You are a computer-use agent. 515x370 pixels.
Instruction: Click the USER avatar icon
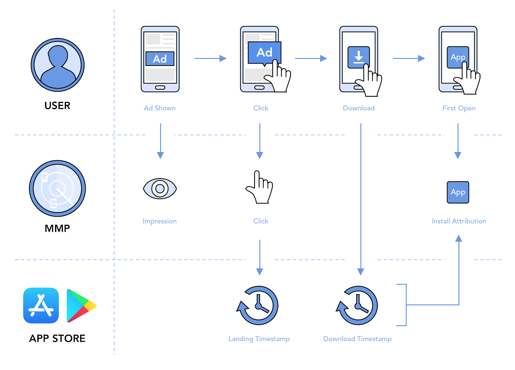coord(58,65)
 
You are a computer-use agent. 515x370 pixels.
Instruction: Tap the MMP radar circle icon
coord(57,188)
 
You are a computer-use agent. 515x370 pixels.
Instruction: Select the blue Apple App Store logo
coord(41,305)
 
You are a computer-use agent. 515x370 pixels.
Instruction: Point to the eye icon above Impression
coord(160,189)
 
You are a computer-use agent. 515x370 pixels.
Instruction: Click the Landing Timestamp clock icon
coord(258,305)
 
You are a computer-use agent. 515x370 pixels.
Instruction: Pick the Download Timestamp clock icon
coord(358,305)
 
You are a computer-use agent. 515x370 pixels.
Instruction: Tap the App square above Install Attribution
coord(458,192)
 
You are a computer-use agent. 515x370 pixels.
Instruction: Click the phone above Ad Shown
coord(160,59)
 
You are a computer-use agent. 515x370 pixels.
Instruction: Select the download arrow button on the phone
coord(358,57)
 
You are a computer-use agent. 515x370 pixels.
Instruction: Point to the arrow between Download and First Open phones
coord(409,59)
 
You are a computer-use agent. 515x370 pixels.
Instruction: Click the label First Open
coord(459,108)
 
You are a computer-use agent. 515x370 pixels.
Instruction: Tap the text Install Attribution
coord(459,221)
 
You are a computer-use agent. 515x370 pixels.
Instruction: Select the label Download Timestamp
coord(357,339)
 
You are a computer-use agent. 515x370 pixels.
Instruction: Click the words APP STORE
coord(57,338)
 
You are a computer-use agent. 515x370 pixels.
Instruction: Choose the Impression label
coord(160,221)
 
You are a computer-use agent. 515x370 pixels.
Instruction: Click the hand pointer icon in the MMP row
coord(259,187)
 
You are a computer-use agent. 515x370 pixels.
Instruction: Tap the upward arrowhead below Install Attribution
coord(459,238)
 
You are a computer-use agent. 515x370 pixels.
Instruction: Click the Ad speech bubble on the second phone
coord(264,53)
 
